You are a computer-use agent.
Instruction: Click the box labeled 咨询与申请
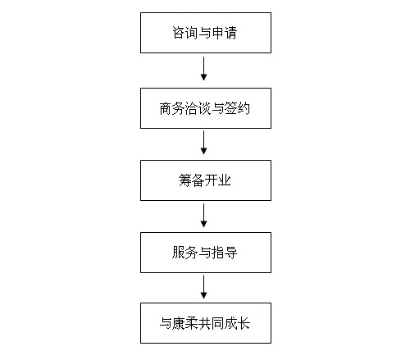click(206, 33)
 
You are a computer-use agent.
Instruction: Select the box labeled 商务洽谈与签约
click(206, 108)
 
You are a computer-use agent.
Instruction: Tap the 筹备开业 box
click(206, 180)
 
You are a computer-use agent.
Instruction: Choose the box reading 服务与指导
click(206, 253)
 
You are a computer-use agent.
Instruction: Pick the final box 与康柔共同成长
click(206, 323)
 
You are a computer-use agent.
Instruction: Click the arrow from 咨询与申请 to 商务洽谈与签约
click(203, 69)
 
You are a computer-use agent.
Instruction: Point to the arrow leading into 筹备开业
click(203, 143)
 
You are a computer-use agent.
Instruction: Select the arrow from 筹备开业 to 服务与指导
click(203, 216)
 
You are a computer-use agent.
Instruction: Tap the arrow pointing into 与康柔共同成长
click(203, 287)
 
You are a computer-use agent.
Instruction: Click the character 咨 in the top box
click(179, 33)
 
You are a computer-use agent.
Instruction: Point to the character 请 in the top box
click(230, 33)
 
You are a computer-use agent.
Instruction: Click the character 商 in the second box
click(166, 108)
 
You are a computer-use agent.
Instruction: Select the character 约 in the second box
click(244, 108)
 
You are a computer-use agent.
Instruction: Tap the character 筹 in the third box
click(185, 180)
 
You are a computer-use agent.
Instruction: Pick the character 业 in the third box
click(225, 180)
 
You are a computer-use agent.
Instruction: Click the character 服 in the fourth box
click(179, 253)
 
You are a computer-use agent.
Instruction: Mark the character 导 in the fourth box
click(230, 253)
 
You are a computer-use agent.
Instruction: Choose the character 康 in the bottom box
click(179, 323)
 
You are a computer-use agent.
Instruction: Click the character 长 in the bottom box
click(244, 323)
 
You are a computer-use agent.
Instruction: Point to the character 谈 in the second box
click(205, 108)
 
